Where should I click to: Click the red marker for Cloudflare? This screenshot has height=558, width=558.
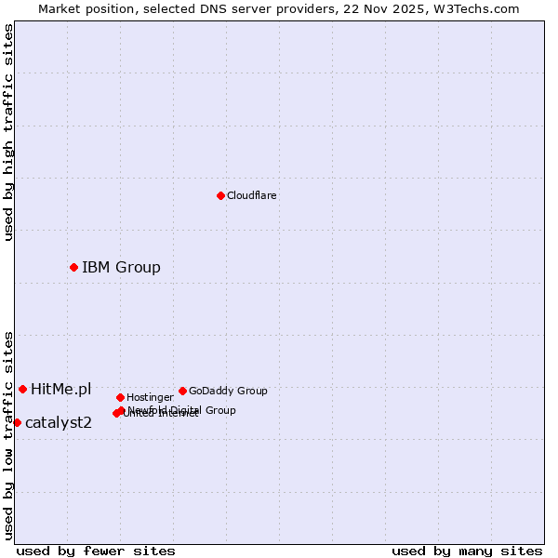(x=220, y=195)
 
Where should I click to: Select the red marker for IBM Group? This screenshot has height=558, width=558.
(x=73, y=267)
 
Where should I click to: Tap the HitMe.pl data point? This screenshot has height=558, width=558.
(x=22, y=389)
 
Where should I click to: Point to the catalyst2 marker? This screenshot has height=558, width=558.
(x=17, y=422)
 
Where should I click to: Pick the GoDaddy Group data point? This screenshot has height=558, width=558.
(x=182, y=391)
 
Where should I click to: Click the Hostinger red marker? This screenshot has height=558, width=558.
(x=120, y=397)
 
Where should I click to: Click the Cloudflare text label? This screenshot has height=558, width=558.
(x=251, y=195)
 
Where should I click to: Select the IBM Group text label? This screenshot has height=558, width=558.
(x=121, y=268)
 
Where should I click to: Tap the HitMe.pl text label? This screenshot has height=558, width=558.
(x=60, y=389)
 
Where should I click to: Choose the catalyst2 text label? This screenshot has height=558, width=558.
(x=58, y=423)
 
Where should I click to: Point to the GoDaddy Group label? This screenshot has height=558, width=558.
(x=228, y=391)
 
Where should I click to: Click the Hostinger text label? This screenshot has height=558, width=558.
(x=150, y=397)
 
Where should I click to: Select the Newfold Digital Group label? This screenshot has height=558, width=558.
(x=182, y=409)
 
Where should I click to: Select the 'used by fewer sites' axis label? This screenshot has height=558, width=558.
(x=96, y=551)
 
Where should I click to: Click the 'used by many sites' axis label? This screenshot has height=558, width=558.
(x=467, y=551)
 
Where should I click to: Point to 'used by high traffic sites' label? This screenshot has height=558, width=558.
(x=8, y=132)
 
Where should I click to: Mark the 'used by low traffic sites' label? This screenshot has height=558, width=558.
(x=8, y=435)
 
